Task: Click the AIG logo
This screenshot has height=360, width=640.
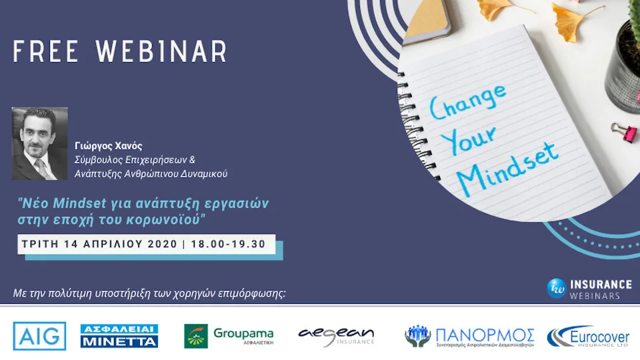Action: coord(39,335)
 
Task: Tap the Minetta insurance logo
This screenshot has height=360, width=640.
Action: coord(119,335)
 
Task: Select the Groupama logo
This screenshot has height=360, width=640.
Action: coord(229,335)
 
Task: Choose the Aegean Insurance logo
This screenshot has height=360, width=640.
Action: coord(336,336)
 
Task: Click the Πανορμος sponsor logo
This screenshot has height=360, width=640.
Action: coord(469,336)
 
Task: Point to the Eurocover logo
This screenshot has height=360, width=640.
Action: coord(589,336)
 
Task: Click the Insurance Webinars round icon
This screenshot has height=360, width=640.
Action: coord(556,288)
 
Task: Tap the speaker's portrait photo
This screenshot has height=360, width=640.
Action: coord(39,143)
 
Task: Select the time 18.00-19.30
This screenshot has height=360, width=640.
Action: coord(228,244)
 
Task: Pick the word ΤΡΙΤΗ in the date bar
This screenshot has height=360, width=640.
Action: coord(39,244)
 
